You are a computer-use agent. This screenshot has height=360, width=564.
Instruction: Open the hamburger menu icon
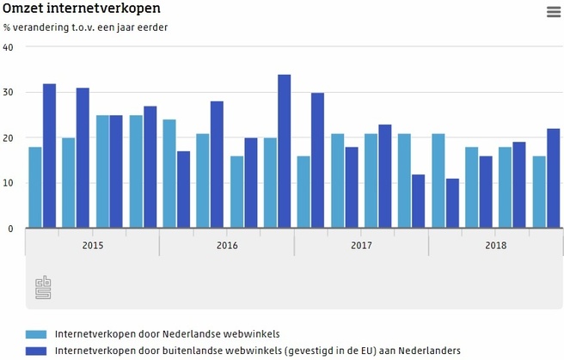coord(553,12)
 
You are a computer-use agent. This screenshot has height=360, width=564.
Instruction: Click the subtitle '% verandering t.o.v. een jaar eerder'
coord(85,27)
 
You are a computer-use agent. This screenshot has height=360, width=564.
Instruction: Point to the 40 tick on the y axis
coord(9,47)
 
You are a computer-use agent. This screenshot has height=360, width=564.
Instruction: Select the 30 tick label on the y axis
coord(9,93)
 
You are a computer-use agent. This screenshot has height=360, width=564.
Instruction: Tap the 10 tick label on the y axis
coord(9,184)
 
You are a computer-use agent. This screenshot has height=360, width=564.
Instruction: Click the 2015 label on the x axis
coord(93,246)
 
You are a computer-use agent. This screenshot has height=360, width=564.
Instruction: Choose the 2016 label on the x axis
coord(227,246)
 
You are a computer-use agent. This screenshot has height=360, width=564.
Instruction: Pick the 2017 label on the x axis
coord(362,246)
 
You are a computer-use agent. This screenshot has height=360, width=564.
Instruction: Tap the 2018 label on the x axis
coord(496,246)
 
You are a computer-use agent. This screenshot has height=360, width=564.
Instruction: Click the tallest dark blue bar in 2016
coord(284,152)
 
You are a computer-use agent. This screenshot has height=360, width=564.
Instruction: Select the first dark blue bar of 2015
coord(49,156)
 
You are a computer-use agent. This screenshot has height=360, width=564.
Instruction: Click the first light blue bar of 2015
coord(35,188)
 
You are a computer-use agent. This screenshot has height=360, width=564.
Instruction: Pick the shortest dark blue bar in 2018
coord(452,204)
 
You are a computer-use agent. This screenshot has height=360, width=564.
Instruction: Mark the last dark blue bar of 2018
coord(553,179)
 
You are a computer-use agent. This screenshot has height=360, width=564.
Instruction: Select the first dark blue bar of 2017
coord(317,161)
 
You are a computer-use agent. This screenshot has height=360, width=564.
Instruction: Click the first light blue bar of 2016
coord(169,174)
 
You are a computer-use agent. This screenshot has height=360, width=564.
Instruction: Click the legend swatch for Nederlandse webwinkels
coord(36,334)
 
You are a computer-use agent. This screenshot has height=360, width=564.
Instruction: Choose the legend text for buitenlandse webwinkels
coord(258,351)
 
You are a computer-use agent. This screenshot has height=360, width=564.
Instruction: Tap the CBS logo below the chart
coord(43,288)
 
